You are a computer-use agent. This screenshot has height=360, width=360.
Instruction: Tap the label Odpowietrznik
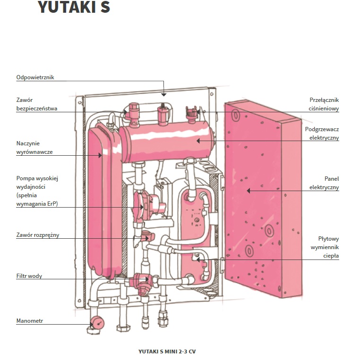click(35, 77)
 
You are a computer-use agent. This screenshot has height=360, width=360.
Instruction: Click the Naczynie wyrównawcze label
click(34, 147)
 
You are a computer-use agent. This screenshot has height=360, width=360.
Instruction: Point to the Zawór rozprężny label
click(38, 235)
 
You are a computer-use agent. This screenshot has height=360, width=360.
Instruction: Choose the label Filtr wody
click(29, 276)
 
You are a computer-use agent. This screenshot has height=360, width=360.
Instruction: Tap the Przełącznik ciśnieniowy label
click(324, 104)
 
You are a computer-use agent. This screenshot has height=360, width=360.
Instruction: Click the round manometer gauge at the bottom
click(98, 322)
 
